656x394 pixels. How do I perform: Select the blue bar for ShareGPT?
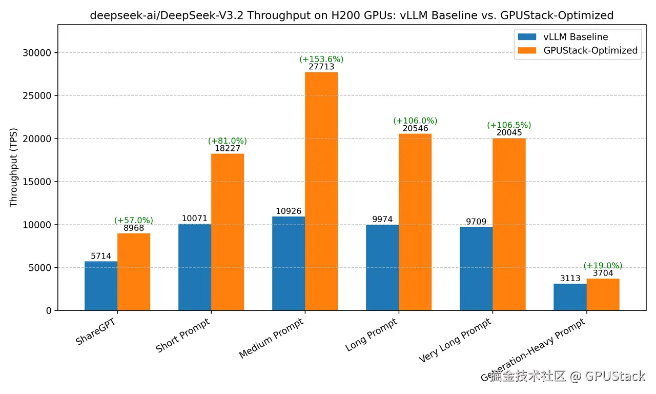[x=101, y=286]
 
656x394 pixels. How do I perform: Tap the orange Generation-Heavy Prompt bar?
[x=603, y=294]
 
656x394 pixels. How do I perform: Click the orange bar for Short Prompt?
[x=228, y=232]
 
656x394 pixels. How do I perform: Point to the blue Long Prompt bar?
[x=382, y=267]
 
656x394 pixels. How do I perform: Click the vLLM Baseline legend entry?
[x=576, y=37]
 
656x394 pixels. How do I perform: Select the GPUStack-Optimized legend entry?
[x=590, y=50]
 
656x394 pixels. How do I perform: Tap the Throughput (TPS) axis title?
[x=14, y=167]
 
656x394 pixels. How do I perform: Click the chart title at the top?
[x=352, y=15]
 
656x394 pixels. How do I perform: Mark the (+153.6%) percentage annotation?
[x=321, y=59]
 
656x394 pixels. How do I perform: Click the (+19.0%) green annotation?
[x=603, y=265]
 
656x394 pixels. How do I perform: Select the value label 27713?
[x=321, y=67]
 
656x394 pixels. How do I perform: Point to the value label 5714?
[x=101, y=256]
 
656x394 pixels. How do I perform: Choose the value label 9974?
[x=382, y=220]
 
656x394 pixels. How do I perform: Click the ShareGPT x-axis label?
[x=95, y=332]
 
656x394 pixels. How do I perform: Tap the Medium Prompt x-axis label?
[x=272, y=338]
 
